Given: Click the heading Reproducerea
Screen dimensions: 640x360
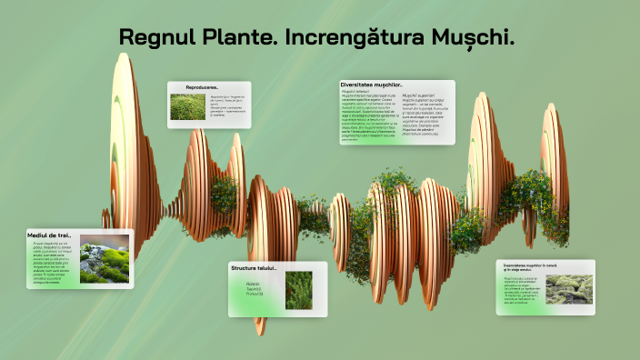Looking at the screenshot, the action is click(x=202, y=87).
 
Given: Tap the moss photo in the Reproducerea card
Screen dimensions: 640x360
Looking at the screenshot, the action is click(x=187, y=108).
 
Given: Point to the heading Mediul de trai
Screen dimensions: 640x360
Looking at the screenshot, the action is click(x=50, y=235).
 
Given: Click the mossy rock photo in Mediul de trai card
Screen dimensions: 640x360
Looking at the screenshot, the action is click(x=104, y=259).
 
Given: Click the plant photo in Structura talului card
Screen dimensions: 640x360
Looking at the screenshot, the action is click(x=298, y=290).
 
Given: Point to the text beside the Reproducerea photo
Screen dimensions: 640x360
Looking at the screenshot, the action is click(x=227, y=105).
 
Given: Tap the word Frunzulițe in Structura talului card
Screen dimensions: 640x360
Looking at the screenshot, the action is click(x=255, y=295).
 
